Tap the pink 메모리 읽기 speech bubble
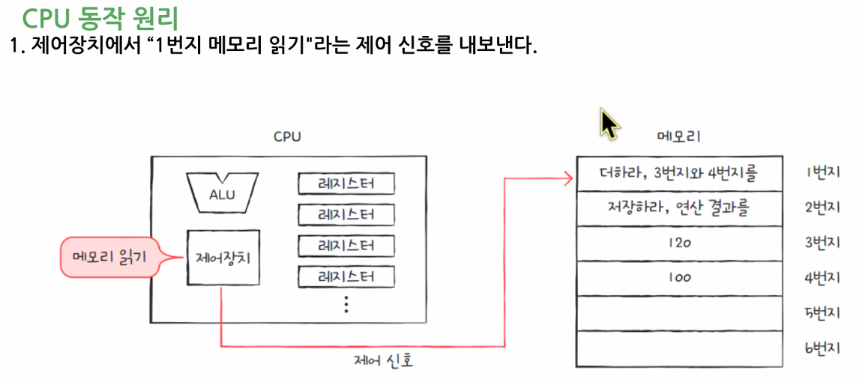tap(110, 257)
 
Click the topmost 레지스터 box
tap(346, 184)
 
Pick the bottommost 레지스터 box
tap(346, 276)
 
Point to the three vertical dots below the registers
tap(346, 304)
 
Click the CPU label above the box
tap(287, 137)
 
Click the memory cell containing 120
tap(679, 243)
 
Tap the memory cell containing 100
tap(679, 278)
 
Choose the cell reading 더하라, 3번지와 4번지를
tap(679, 173)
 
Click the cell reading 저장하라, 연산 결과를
tap(679, 208)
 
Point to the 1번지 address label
tap(822, 172)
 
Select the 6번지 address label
tap(822, 348)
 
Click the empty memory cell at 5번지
tap(679, 313)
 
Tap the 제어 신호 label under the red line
tap(384, 361)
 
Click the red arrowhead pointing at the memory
tap(568, 178)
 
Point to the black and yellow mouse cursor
tap(610, 124)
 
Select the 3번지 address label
tap(822, 243)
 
